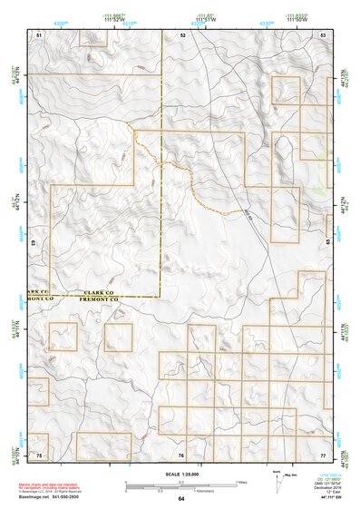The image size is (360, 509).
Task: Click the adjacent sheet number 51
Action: click(x=39, y=34)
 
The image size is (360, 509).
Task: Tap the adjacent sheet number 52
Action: click(x=182, y=34)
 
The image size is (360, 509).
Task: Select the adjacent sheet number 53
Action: click(x=323, y=34)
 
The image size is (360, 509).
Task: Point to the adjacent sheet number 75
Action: click(x=39, y=453)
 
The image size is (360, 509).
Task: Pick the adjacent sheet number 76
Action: click(x=182, y=453)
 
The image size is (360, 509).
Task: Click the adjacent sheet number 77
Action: click(x=323, y=453)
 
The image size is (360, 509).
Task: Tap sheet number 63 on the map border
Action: click(x=34, y=243)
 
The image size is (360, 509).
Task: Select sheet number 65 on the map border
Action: click(x=328, y=243)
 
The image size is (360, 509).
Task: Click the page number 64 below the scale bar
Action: click(x=181, y=499)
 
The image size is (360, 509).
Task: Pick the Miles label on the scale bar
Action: click(x=242, y=482)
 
